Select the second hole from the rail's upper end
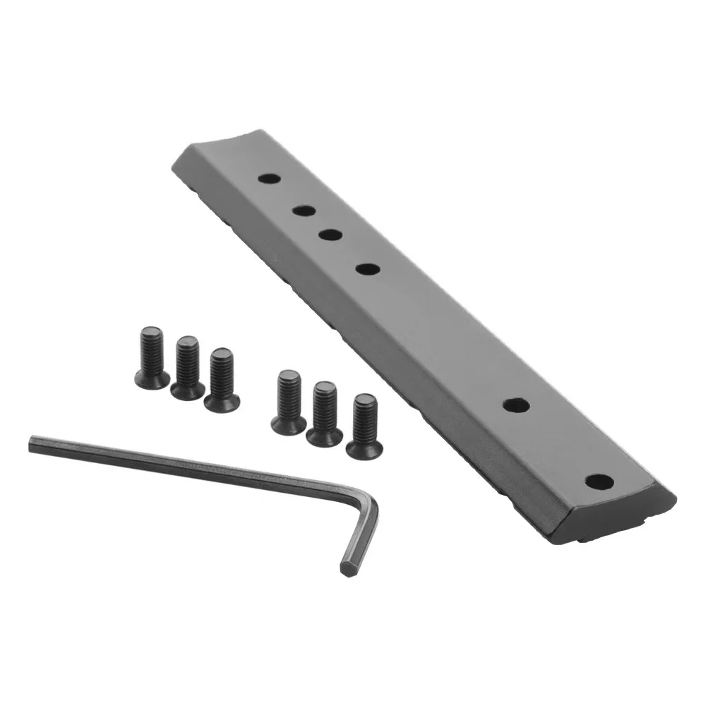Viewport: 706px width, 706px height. tap(304, 210)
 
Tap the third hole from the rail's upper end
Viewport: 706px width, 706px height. tap(330, 234)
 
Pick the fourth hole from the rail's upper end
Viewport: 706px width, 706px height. tap(366, 268)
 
